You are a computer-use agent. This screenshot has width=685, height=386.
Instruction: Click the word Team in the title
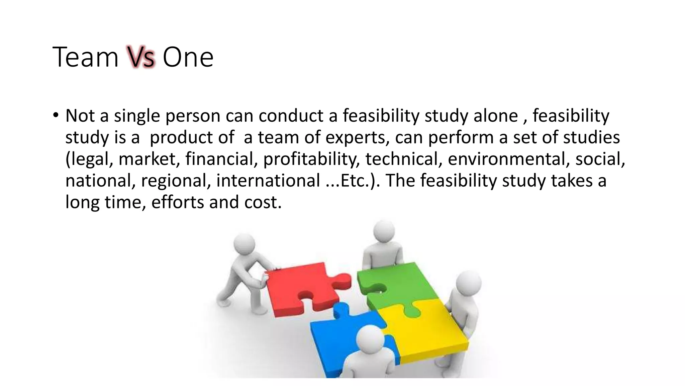click(x=86, y=57)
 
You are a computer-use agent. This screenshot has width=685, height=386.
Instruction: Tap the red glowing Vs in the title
click(x=141, y=57)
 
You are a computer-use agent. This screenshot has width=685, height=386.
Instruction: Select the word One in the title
click(x=188, y=57)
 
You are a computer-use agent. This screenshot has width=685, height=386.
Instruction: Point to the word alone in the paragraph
click(x=496, y=116)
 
